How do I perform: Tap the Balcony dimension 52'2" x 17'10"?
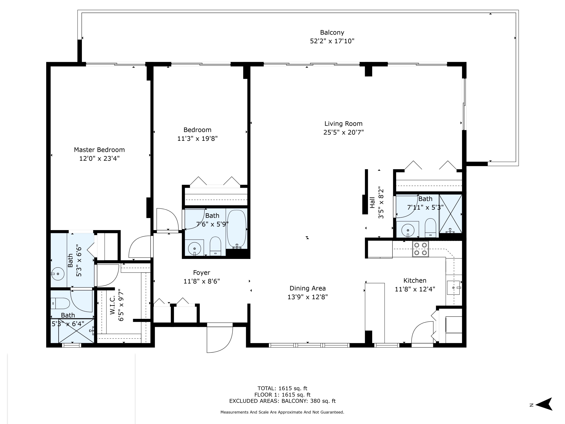(332, 41)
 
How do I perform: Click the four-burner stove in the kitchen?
(420, 249)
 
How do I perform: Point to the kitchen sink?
(453, 288)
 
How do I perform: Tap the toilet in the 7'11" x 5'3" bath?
(430, 227)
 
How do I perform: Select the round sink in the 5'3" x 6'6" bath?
(58, 274)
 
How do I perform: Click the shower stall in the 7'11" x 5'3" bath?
(450, 214)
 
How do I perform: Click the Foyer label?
(202, 273)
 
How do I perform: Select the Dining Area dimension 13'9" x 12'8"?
(307, 297)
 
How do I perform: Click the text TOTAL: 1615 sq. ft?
(282, 388)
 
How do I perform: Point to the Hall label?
(372, 202)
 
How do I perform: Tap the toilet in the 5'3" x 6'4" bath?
(60, 304)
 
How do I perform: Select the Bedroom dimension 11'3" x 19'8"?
(197, 139)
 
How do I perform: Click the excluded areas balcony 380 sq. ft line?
(282, 401)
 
